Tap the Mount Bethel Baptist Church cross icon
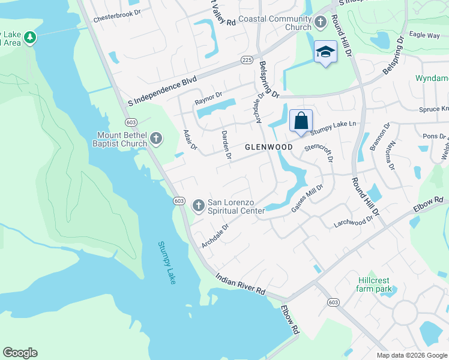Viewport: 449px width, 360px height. (x=156, y=139)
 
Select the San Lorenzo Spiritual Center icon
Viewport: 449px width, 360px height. (x=199, y=206)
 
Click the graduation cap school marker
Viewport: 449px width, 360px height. (x=325, y=52)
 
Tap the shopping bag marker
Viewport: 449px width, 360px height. (x=301, y=120)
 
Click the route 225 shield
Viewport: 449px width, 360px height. (x=246, y=59)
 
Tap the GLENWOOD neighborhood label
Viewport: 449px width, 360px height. (x=268, y=147)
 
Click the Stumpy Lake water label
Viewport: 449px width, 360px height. (x=167, y=262)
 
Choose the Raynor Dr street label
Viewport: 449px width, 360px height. (x=208, y=98)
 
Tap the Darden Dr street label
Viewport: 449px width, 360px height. (x=226, y=145)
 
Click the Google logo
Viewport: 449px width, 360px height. (x=20, y=353)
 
